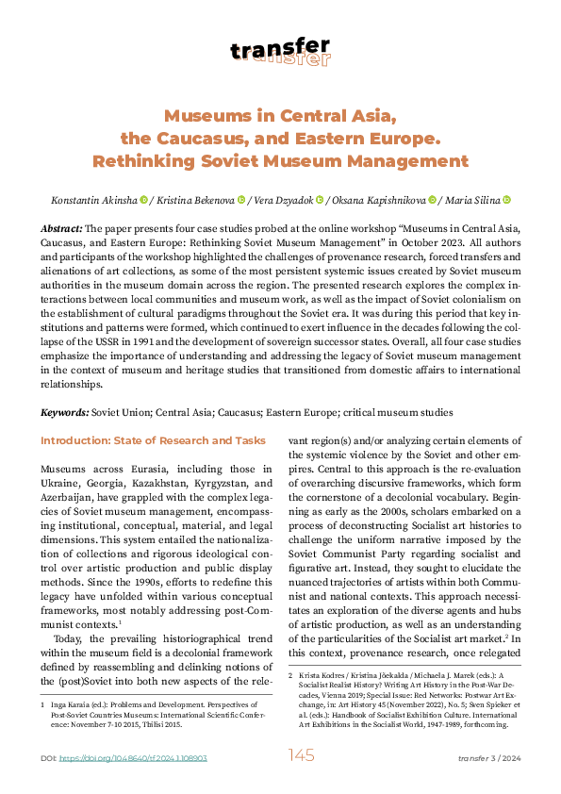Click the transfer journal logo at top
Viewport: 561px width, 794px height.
[x=280, y=51]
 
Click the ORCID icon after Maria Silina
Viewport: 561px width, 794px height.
[x=506, y=200]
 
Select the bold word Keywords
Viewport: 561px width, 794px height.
[x=64, y=413]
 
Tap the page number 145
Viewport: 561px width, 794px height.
[x=301, y=755]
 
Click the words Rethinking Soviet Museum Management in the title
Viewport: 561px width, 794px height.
[x=280, y=161]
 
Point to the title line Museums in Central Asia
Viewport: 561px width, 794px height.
[x=280, y=116]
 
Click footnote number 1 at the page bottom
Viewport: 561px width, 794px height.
[x=43, y=704]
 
